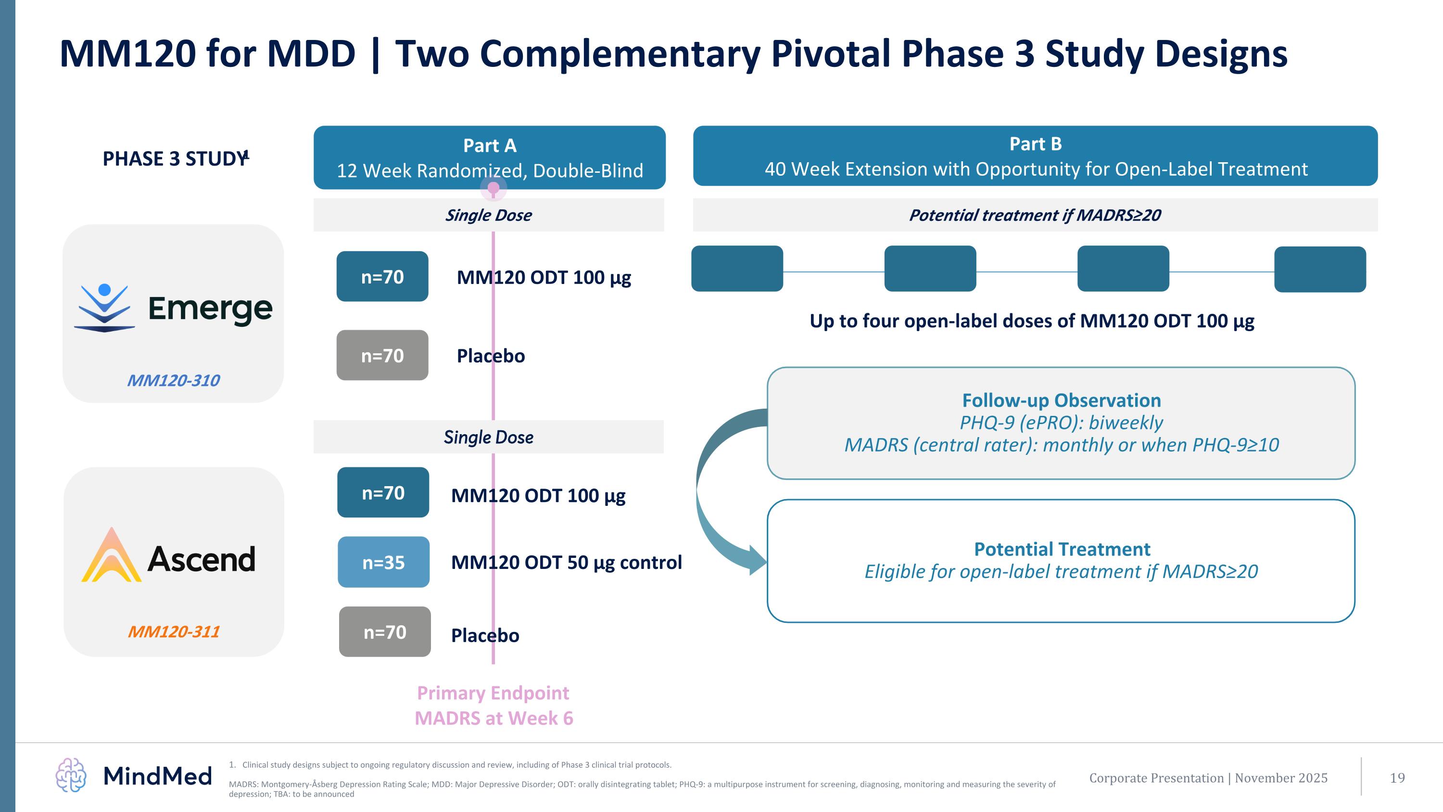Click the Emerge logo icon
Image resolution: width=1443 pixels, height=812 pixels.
coord(105,308)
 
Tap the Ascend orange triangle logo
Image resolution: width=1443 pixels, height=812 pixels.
coord(112,555)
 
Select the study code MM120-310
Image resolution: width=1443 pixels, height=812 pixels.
coord(173,381)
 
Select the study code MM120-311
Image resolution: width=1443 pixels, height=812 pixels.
coord(174,632)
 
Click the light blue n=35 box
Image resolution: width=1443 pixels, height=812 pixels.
coord(383,562)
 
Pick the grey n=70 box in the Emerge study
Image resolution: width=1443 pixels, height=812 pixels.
coord(382,355)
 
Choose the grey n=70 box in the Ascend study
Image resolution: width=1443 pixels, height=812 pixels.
coord(385,632)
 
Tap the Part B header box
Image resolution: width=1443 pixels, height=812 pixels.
coord(1035,156)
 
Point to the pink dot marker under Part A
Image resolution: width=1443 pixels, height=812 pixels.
coord(493,188)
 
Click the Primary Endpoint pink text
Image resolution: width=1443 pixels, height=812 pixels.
coord(493,693)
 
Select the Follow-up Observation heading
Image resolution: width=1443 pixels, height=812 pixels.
coord(1061,400)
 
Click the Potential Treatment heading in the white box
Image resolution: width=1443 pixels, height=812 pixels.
coord(1062,549)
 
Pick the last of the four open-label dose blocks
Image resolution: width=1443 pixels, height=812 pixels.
coord(1320,269)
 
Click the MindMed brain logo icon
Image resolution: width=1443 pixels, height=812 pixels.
coord(71,775)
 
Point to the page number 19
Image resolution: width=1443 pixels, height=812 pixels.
coord(1397,778)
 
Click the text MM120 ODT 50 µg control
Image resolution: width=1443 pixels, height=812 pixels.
coord(566,562)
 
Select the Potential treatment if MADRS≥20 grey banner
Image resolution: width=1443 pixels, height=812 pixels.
coord(1035,215)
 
